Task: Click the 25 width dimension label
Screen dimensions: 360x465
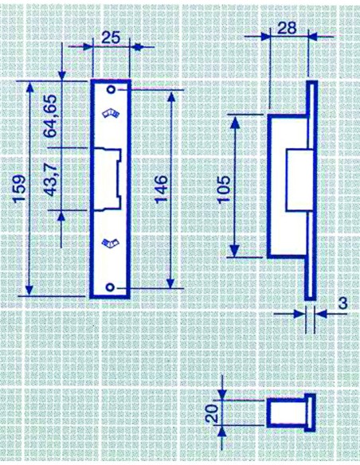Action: tap(111, 38)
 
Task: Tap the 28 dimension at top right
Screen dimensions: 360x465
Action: tap(287, 28)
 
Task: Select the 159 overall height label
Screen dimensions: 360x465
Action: tap(20, 189)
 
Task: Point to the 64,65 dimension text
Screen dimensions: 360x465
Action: tap(50, 115)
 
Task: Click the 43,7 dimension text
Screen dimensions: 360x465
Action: tap(51, 182)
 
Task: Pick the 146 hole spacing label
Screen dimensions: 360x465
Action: tap(162, 189)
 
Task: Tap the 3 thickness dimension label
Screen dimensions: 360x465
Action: tap(342, 303)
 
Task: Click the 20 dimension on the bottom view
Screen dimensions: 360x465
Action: tap(213, 413)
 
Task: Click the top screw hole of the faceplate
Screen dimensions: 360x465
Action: tap(112, 89)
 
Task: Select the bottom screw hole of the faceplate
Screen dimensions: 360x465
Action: tap(110, 287)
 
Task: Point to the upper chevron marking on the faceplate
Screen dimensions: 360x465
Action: tap(111, 113)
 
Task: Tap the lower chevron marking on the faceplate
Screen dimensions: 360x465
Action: tap(110, 243)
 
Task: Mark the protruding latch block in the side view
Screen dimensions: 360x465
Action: tap(299, 182)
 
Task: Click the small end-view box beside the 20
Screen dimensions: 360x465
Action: tap(291, 412)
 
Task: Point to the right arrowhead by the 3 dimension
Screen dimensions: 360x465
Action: tap(321, 314)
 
